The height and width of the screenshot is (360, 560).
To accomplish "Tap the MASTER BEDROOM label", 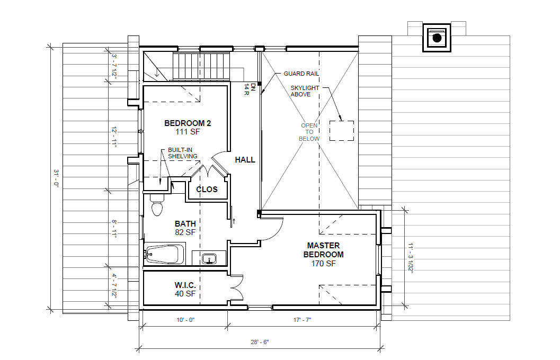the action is tap(323, 250).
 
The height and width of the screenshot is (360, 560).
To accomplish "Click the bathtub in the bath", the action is tap(165, 255).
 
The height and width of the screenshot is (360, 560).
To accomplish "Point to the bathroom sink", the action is tap(209, 258).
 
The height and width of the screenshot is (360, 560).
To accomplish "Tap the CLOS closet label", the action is tap(207, 189).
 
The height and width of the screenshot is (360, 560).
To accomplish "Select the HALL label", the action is tap(245, 160).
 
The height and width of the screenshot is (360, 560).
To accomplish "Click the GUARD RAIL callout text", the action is tap(301, 74).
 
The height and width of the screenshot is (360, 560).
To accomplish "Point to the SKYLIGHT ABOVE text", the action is tap(305, 91).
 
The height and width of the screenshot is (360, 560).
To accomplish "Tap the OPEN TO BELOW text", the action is tap(309, 132).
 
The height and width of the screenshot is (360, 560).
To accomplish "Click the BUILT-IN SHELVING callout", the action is tap(182, 153).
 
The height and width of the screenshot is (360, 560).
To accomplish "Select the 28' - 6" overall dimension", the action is tap(259, 342).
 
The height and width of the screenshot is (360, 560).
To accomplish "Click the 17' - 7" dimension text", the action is tap(302, 320).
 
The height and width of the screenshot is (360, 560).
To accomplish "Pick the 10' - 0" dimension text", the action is tap(185, 320).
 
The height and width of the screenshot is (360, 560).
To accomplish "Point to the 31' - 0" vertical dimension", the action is tap(56, 178).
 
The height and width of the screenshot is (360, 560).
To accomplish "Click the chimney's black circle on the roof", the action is tap(437, 38).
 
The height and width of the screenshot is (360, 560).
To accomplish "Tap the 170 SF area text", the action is tap(323, 264).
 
